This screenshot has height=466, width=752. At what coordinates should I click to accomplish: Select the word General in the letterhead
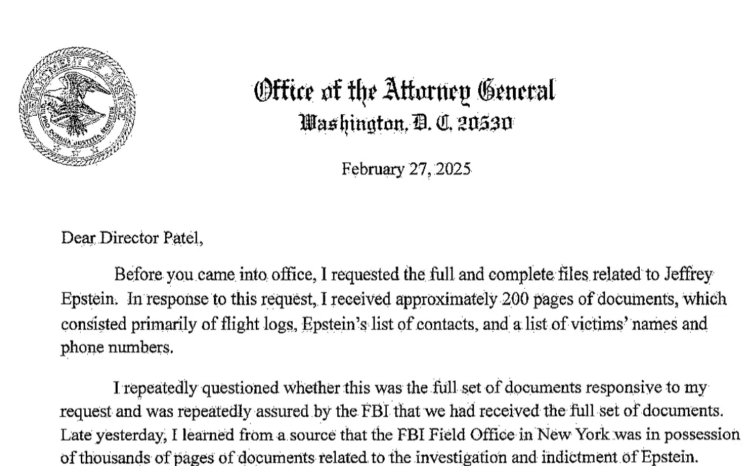(515, 91)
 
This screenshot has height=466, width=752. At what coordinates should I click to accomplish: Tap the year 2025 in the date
(454, 170)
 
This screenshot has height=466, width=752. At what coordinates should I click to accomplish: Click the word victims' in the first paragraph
(562, 326)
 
